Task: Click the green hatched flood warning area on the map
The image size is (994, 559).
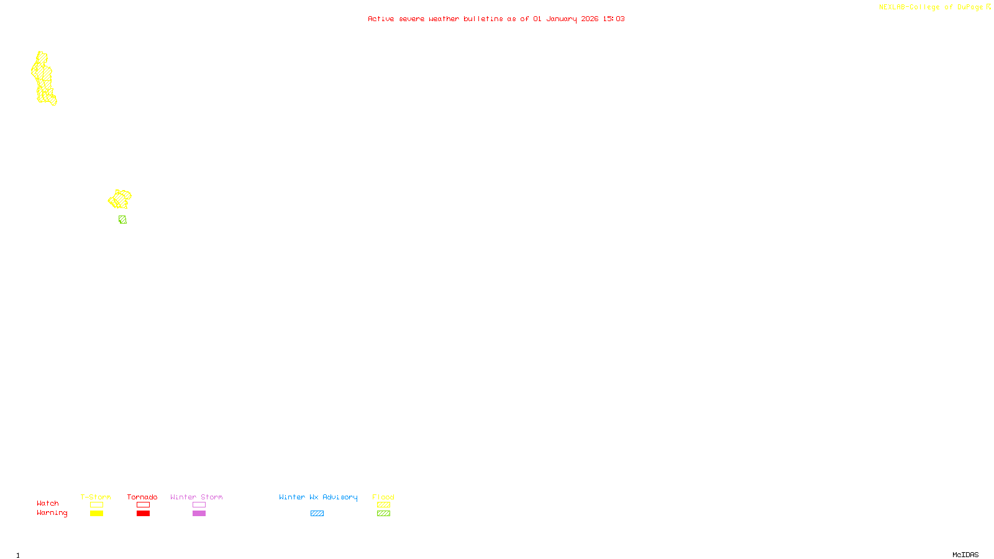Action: pos(122,219)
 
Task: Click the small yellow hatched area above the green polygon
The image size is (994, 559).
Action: pos(119,199)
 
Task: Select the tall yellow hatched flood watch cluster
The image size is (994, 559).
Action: pos(43,78)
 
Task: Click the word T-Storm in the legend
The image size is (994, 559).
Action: pos(96,497)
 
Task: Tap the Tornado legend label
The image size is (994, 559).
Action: pos(142,497)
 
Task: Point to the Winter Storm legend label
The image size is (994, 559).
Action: pos(196,497)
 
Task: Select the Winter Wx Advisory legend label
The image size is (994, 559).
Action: pos(318,497)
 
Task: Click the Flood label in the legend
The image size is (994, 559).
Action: pos(383,497)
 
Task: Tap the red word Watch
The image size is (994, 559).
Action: pos(48,503)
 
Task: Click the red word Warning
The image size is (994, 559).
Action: pos(52,513)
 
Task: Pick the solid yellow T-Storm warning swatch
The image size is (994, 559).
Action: pos(96,514)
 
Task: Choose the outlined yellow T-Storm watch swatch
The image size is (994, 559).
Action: pos(96,505)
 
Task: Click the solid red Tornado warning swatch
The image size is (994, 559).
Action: pos(143,514)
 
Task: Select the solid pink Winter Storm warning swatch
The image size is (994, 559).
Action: pos(199,514)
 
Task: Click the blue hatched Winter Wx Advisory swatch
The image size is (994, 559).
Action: pos(317,514)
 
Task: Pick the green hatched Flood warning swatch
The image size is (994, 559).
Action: pos(383,514)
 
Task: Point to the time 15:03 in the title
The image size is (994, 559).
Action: pos(614,19)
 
